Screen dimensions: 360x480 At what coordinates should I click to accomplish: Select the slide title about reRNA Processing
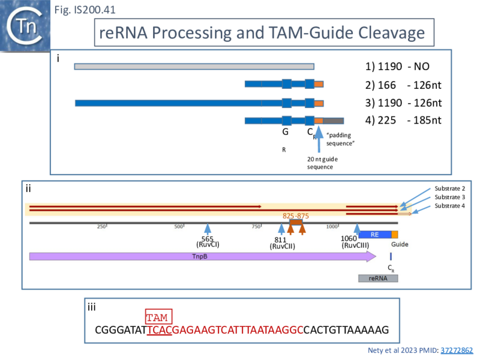[263, 33]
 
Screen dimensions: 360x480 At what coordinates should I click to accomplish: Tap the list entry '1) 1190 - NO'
[397, 68]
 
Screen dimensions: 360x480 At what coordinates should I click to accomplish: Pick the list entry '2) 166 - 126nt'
[403, 85]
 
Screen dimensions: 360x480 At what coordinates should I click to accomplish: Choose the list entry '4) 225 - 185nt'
[403, 120]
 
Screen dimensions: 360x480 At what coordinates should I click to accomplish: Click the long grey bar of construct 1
[194, 67]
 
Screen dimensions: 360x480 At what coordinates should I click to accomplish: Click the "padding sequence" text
[341, 140]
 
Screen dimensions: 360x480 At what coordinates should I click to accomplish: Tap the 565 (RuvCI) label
[208, 242]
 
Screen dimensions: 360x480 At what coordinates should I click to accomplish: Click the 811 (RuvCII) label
[281, 243]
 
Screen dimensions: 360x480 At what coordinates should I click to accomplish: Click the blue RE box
[374, 235]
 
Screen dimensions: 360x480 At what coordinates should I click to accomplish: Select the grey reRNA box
[378, 278]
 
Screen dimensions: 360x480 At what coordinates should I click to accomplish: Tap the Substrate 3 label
[449, 197]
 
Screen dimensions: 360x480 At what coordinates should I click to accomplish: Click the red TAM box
[158, 317]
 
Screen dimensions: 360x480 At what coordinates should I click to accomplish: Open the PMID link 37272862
[457, 350]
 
